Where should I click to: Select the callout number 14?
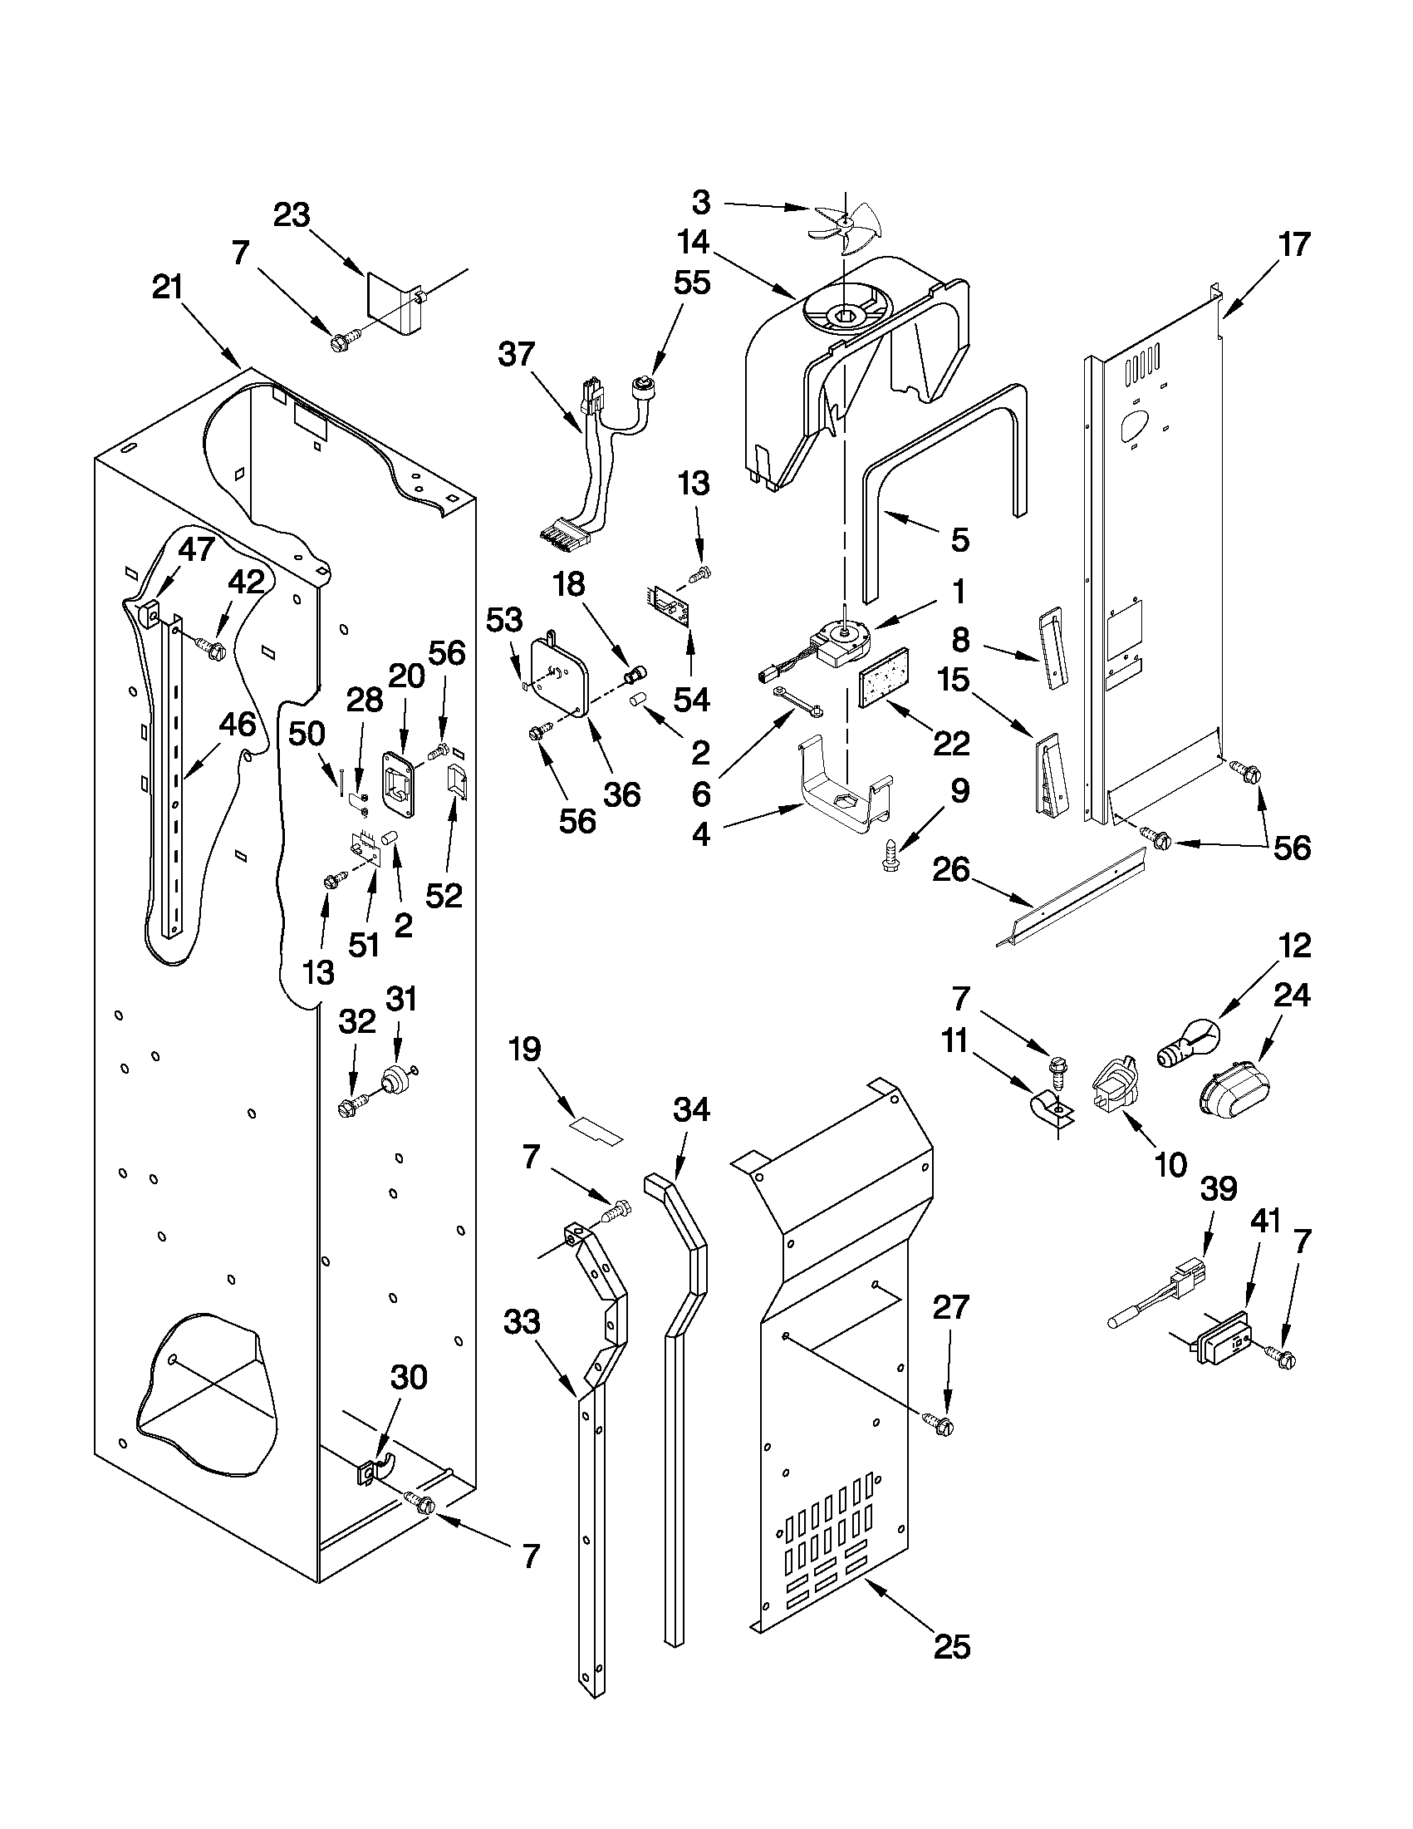click(x=694, y=243)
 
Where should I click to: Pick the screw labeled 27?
click(x=940, y=1422)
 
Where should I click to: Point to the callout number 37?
click(x=516, y=354)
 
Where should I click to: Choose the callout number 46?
click(x=237, y=725)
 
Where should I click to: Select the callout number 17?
click(x=1293, y=245)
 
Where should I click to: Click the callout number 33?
click(x=523, y=1322)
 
